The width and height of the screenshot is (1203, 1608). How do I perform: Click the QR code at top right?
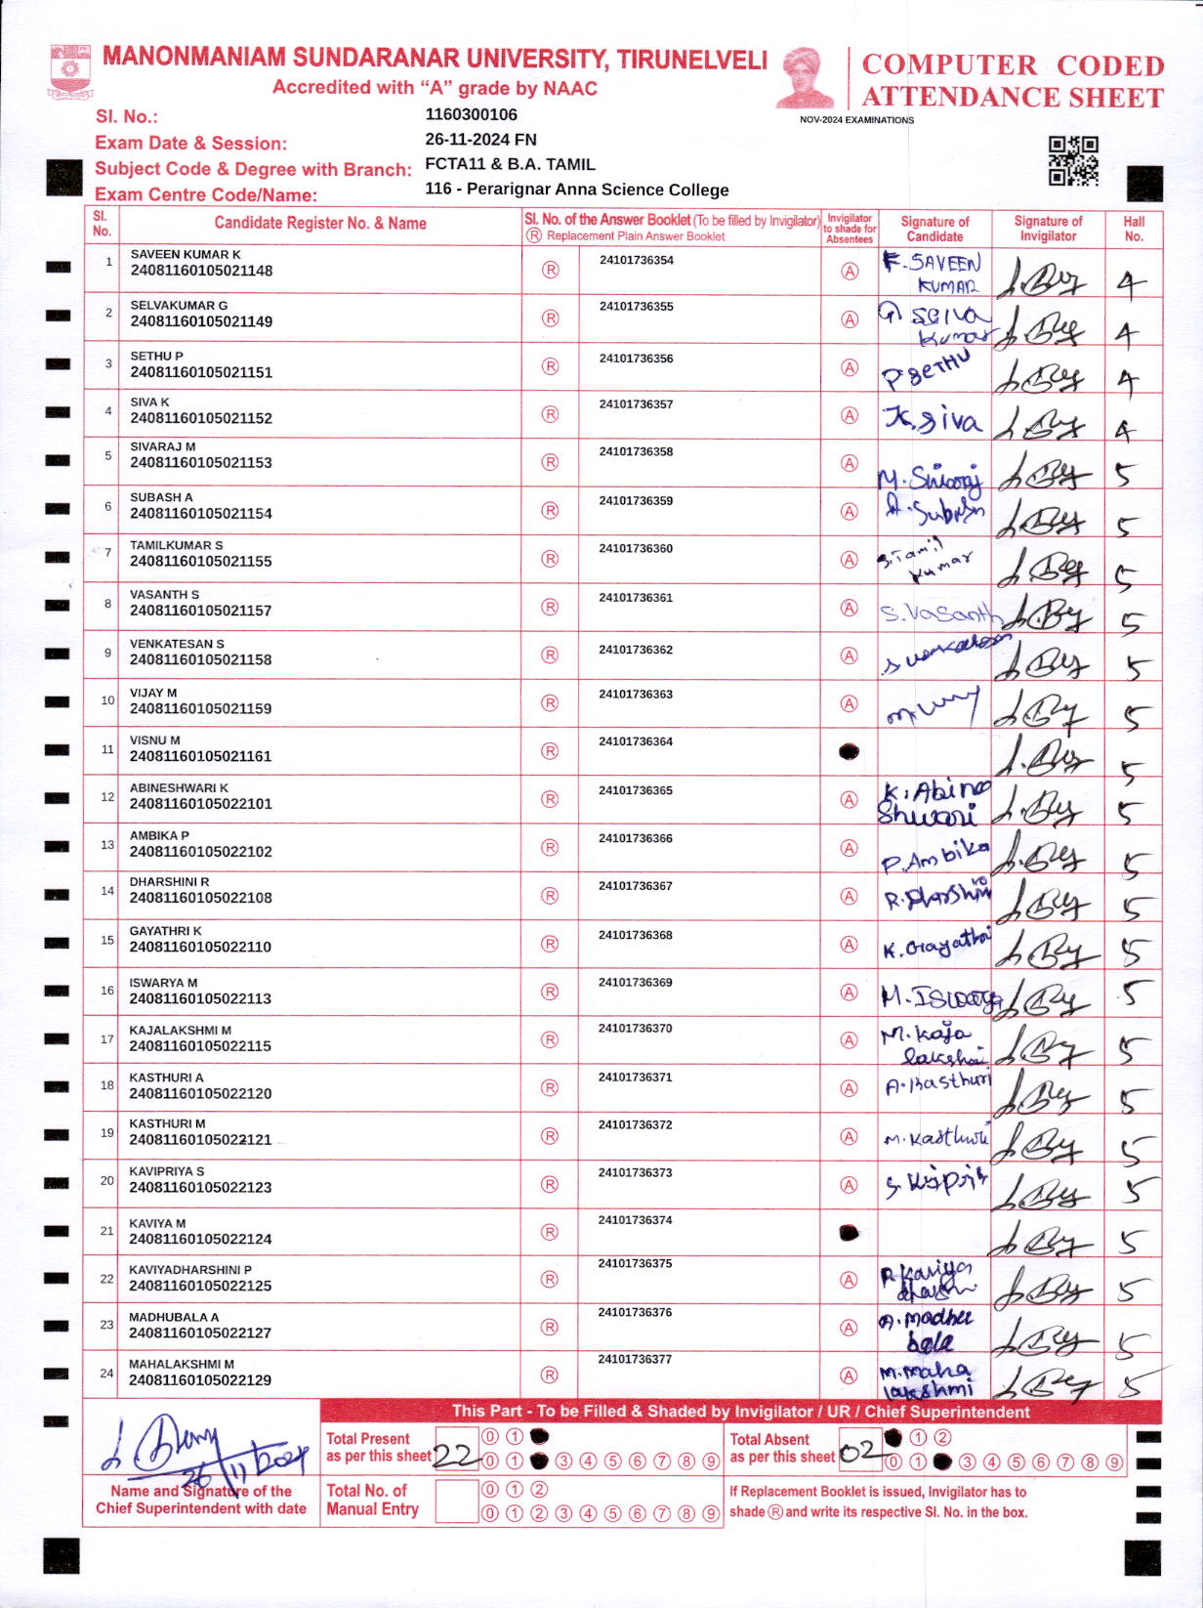pyautogui.click(x=1073, y=161)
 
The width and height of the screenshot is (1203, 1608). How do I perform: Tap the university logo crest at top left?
pyautogui.click(x=68, y=70)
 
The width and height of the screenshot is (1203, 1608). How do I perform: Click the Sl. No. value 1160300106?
pyautogui.click(x=471, y=114)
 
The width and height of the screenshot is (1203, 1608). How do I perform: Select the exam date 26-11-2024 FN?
pyautogui.click(x=480, y=140)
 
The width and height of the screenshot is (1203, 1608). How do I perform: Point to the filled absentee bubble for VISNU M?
pyautogui.click(x=850, y=751)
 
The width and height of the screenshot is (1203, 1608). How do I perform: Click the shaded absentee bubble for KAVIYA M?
pyautogui.click(x=850, y=1233)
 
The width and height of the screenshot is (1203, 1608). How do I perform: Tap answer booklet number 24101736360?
pyautogui.click(x=636, y=549)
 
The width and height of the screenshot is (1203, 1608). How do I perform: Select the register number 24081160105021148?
pyautogui.click(x=201, y=271)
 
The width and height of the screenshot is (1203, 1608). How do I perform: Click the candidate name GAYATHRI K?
pyautogui.click(x=166, y=931)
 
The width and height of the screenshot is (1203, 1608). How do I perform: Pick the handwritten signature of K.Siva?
pyautogui.click(x=933, y=421)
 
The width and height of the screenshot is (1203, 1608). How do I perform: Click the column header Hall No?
pyautogui.click(x=1134, y=229)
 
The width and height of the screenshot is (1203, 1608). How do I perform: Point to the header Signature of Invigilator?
pyautogui.click(x=1048, y=229)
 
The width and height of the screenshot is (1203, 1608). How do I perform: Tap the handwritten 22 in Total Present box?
pyautogui.click(x=454, y=1455)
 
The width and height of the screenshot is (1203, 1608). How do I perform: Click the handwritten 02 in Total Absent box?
pyautogui.click(x=860, y=1453)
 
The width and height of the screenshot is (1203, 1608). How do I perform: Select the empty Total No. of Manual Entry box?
pyautogui.click(x=456, y=1500)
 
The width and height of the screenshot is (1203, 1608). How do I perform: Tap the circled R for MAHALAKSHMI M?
pyautogui.click(x=551, y=1375)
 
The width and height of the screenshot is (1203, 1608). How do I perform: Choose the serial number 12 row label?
pyautogui.click(x=107, y=796)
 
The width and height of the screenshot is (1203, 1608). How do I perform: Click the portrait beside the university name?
pyautogui.click(x=807, y=78)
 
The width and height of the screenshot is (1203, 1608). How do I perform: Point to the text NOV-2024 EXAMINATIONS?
pyautogui.click(x=856, y=120)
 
